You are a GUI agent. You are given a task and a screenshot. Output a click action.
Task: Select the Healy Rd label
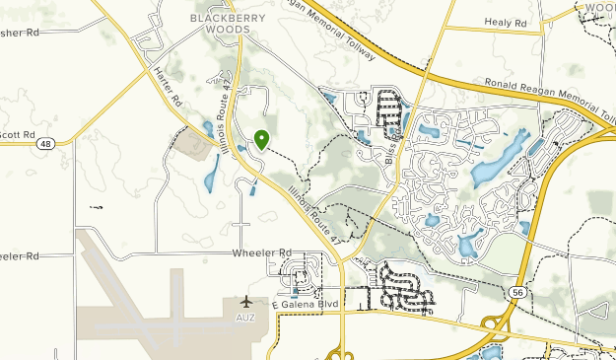506,22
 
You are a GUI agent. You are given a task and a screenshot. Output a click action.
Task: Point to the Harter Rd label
169,87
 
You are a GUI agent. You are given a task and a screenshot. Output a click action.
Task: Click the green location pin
261,140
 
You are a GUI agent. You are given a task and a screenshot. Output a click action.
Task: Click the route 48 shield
46,144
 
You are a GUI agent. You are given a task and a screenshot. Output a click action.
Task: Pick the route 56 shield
516,292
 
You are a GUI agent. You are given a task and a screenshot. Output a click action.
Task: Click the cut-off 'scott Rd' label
17,134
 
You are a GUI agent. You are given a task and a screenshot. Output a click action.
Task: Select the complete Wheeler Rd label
263,252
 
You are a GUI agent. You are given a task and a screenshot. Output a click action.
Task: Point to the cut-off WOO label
599,8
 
